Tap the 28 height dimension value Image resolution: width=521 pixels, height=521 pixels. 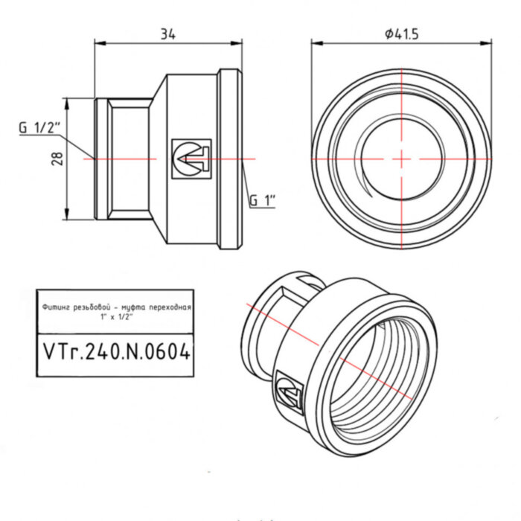pos(57,158)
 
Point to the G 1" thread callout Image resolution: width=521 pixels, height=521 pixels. pos(262,200)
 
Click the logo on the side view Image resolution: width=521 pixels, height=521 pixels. pos(191,159)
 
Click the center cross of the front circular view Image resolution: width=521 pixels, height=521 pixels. pos(400,159)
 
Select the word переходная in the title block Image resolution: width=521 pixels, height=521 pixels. pos(171,306)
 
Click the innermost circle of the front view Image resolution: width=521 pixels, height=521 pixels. pos(400,159)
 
